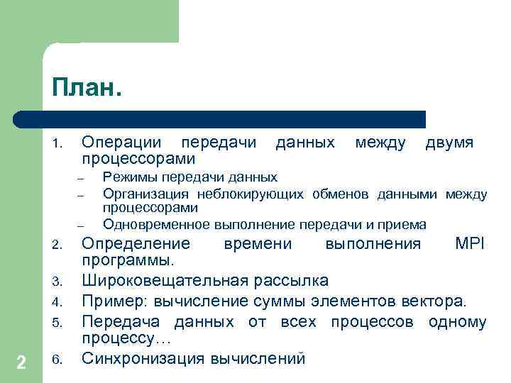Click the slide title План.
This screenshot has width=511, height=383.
(86, 89)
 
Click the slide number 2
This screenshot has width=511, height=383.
(21, 363)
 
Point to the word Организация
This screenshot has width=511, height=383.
(145, 194)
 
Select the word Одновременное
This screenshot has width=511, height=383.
(156, 225)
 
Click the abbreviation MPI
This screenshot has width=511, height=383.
(470, 244)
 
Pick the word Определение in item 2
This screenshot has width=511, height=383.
(136, 244)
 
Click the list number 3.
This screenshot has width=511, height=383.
(57, 281)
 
